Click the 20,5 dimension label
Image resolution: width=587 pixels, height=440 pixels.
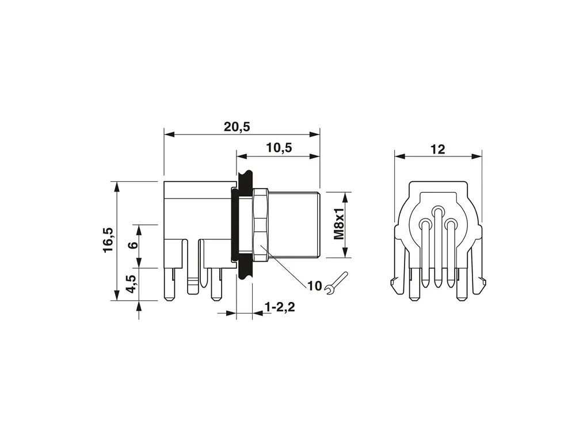[x=237, y=127]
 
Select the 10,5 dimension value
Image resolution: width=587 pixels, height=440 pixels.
[x=279, y=148]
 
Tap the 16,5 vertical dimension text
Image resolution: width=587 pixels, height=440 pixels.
[x=108, y=240]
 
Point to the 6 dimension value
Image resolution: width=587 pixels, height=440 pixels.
[x=133, y=246]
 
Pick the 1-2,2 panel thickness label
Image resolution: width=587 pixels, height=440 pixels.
[x=280, y=307]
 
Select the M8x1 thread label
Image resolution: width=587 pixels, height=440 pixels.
[x=339, y=224]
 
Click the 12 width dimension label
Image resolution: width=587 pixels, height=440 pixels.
[x=437, y=150]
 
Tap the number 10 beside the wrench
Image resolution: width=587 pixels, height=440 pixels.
[x=314, y=286]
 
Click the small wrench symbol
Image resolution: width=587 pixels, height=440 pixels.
[x=336, y=283]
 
